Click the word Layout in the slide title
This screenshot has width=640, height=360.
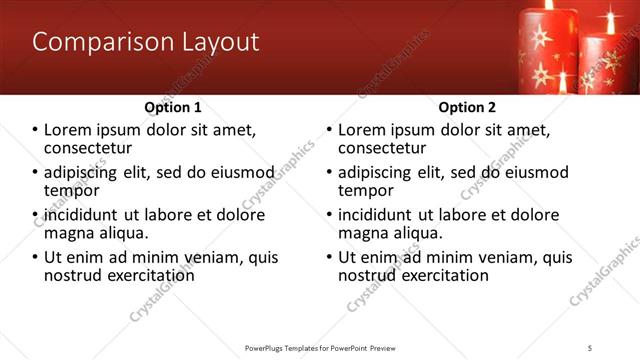(218, 43)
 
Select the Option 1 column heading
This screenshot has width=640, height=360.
(173, 107)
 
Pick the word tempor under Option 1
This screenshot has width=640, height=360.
(71, 190)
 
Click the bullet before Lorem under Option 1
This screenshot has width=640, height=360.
(36, 130)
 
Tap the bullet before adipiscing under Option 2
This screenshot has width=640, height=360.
(330, 173)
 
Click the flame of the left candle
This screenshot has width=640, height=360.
(548, 5)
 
